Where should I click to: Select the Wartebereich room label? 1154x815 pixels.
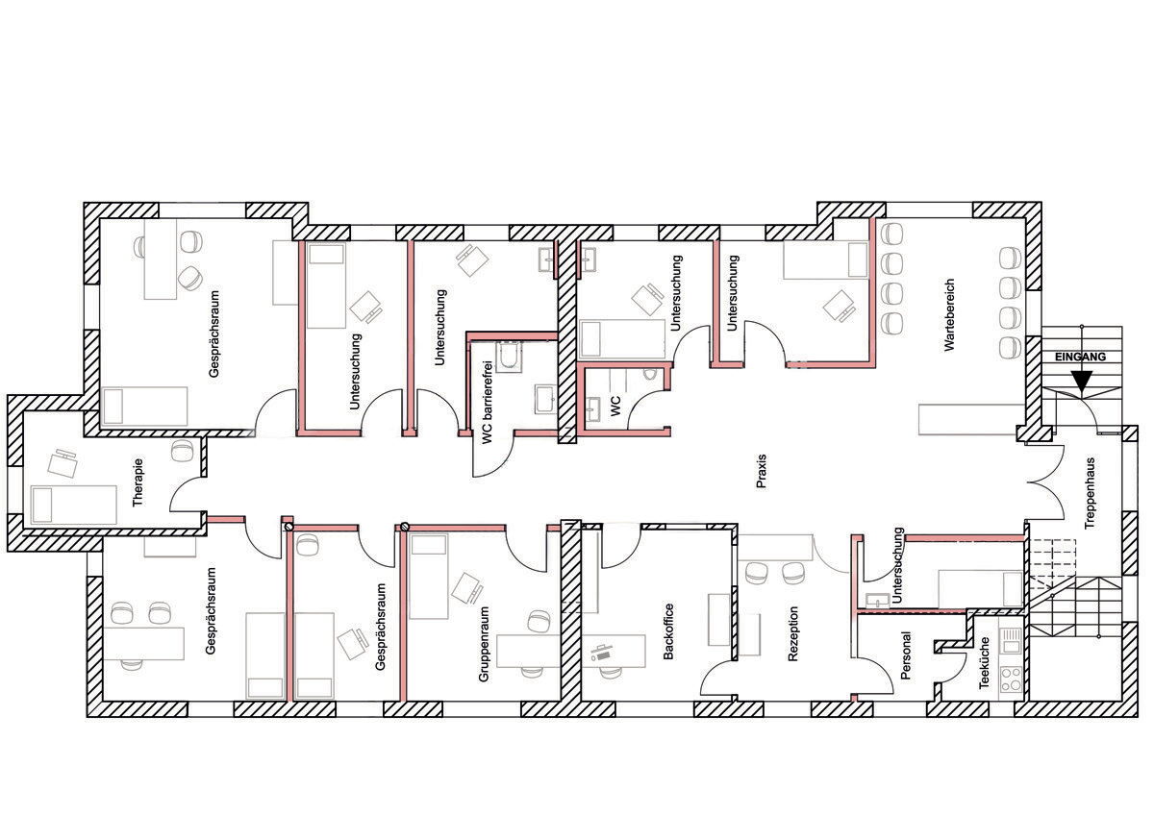click(x=949, y=315)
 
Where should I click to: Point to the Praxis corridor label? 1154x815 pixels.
click(x=762, y=471)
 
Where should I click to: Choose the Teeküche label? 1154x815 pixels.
click(x=985, y=662)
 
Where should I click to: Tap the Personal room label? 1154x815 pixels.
click(x=906, y=655)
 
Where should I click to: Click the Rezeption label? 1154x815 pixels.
click(x=792, y=633)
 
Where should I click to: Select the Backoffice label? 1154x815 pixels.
click(x=668, y=631)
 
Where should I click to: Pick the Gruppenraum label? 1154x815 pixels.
click(x=483, y=644)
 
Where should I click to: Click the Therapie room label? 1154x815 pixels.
click(x=138, y=482)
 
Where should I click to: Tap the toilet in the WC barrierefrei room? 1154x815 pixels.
click(x=509, y=357)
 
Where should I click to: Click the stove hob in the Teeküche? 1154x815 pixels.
click(x=1011, y=679)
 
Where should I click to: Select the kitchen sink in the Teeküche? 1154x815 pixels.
click(x=1011, y=641)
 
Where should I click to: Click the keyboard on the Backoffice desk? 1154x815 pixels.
click(x=602, y=655)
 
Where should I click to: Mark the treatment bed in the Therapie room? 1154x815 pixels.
click(x=74, y=506)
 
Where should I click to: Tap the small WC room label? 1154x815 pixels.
click(x=615, y=407)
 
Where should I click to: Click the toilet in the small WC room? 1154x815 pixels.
click(x=649, y=373)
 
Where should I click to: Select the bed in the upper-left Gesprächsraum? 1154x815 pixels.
click(x=145, y=407)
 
